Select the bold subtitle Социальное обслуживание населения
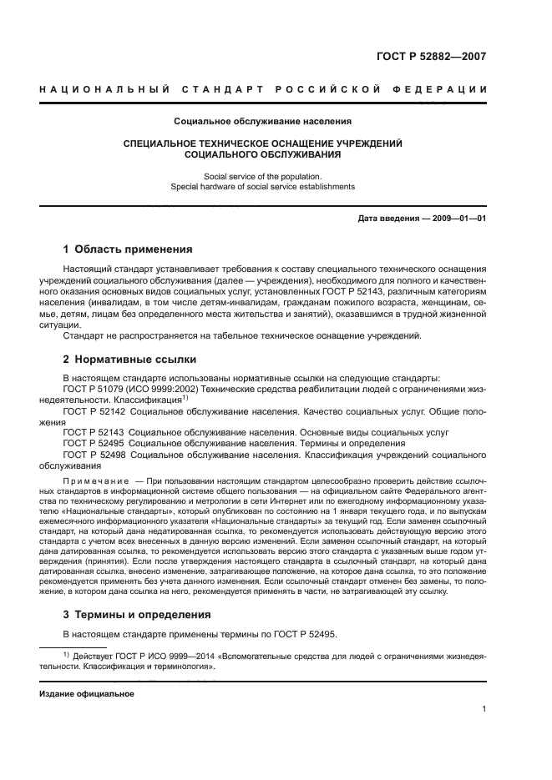click(262, 122)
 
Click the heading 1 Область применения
click(129, 249)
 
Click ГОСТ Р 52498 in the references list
click(94, 455)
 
